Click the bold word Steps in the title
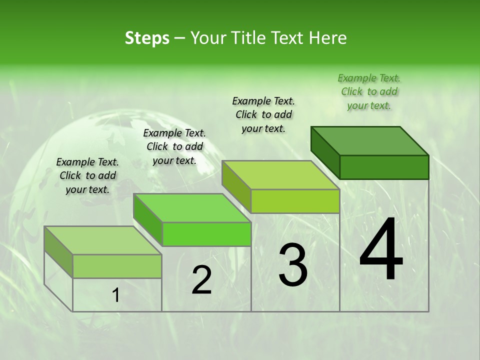point(147,38)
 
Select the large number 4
point(381,249)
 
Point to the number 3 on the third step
point(293,264)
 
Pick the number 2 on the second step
point(201,280)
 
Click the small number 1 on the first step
point(115,295)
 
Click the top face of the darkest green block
point(369,140)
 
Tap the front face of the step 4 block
point(384,167)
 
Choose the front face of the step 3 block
point(295,201)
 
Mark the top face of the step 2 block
point(192,207)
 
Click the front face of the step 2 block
point(206,234)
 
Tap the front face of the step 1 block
point(117,266)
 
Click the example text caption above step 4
point(369,91)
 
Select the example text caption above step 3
point(263,114)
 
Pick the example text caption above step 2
point(174,146)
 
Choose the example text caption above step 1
point(87,175)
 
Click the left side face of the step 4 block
point(325,152)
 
